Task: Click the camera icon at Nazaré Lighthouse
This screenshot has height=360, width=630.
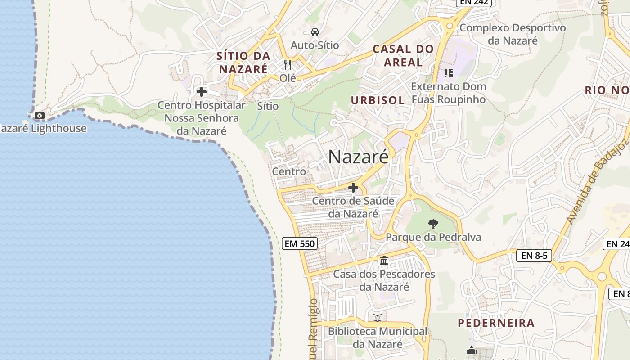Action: click(40, 116)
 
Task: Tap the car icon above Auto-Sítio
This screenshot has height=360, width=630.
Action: click(315, 31)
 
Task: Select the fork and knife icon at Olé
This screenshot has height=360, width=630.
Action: click(288, 65)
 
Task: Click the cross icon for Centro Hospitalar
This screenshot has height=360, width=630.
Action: click(202, 92)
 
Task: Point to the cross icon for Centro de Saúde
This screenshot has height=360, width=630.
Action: click(353, 188)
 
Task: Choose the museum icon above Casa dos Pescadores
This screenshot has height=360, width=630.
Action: click(384, 260)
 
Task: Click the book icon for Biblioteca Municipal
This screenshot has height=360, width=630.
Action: click(378, 318)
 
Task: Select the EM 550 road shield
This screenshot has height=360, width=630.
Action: click(300, 244)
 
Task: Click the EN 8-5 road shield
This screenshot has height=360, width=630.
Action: click(534, 256)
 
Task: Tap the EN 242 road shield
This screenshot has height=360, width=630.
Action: click(474, 3)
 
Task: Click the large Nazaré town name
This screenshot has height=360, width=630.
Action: click(358, 157)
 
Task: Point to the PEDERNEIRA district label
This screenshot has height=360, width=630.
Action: click(496, 323)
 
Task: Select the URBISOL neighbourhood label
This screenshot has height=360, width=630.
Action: click(378, 100)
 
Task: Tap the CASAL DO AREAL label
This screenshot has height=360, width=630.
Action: click(403, 56)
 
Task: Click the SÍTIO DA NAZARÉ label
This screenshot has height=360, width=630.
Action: click(243, 63)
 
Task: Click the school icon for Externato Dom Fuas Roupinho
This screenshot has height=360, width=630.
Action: click(448, 73)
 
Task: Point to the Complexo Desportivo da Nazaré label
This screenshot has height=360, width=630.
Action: click(513, 34)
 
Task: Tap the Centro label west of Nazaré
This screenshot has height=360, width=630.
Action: click(289, 171)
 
